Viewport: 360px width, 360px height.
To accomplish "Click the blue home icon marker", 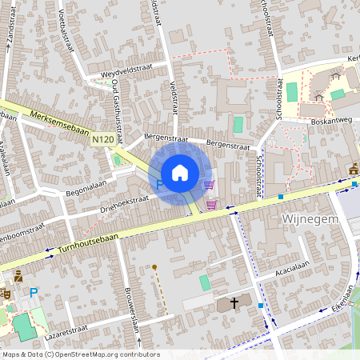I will point(180,172).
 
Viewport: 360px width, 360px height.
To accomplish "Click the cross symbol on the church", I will point(234,303).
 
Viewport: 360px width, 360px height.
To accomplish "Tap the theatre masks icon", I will point(6,294).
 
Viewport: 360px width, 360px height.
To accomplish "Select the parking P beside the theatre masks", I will point(34,294).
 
